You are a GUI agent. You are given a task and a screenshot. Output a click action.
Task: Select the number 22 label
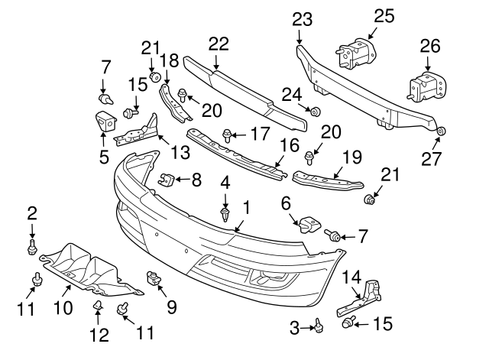tap(219, 44)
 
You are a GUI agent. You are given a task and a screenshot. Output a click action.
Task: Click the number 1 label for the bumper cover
tap(246, 206)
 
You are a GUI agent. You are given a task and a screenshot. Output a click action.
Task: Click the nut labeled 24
tap(314, 112)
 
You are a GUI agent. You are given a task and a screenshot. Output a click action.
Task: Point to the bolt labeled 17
tap(228, 137)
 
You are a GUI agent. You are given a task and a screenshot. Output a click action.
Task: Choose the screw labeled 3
tap(315, 328)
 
